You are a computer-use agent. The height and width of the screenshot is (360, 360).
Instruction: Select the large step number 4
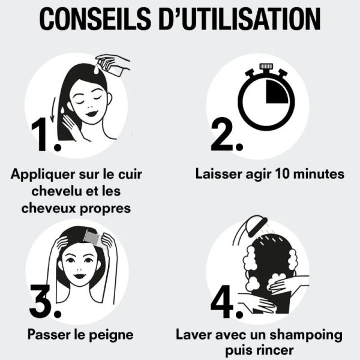coord(225,303)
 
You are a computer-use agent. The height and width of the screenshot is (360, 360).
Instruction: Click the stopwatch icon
coord(265,100)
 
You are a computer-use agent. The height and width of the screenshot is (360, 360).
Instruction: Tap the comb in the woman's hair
coord(95,237)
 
